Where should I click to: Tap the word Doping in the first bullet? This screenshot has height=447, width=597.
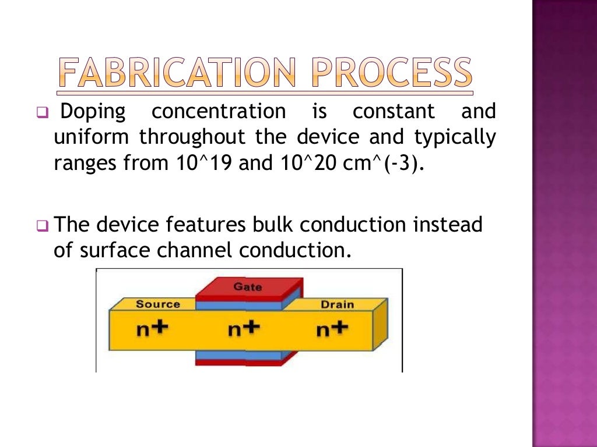point(93,111)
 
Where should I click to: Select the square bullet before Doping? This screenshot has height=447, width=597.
point(41,112)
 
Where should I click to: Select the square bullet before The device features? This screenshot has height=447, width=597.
point(41,225)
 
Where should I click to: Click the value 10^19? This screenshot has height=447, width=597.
point(206,164)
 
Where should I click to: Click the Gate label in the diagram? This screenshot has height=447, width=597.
point(248,287)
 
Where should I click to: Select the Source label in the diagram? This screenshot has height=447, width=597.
point(158,304)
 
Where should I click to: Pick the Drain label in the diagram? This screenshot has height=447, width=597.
point(337,304)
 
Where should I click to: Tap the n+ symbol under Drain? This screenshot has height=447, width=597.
point(332,329)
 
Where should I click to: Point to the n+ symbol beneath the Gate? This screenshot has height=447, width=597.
point(243,329)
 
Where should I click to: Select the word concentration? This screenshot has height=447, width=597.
point(219,111)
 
